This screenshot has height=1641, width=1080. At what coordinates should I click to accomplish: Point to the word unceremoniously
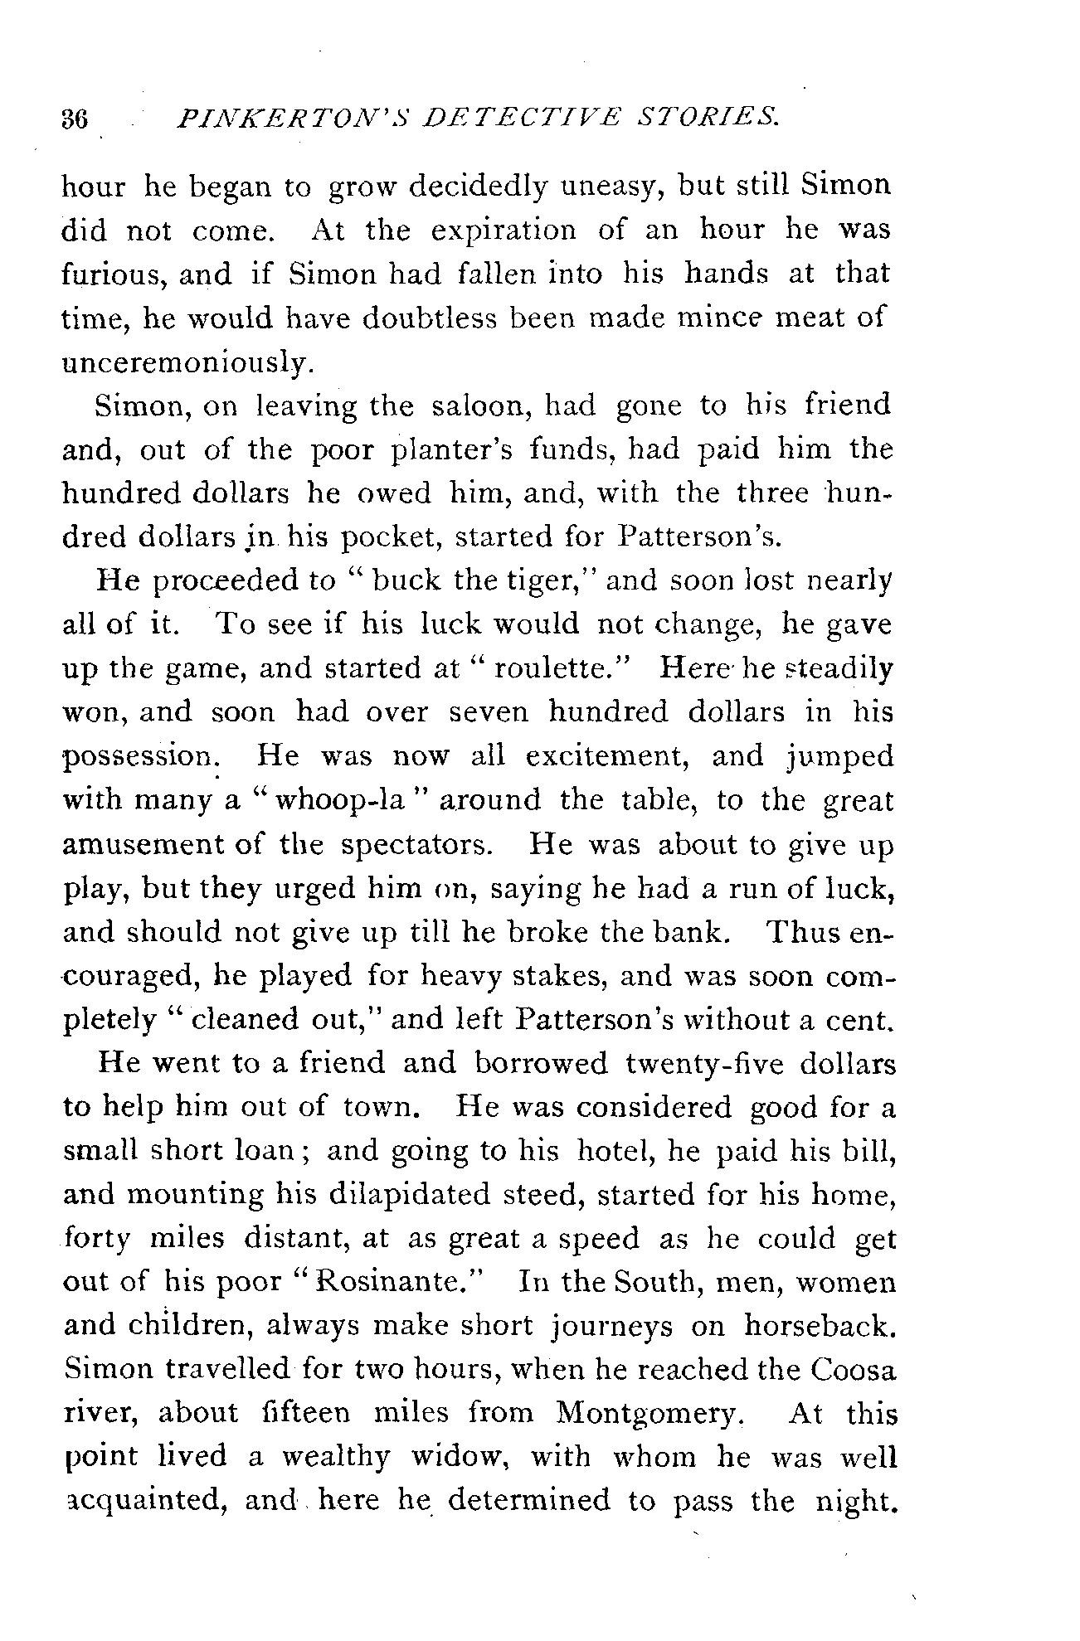pyautogui.click(x=178, y=362)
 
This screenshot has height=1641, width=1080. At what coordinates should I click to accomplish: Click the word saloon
pyautogui.click(x=478, y=405)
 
